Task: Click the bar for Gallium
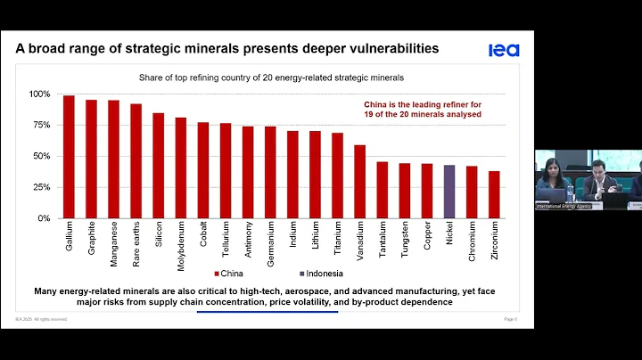(x=69, y=157)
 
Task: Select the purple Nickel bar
(x=449, y=192)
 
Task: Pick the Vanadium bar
(x=359, y=182)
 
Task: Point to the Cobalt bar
(x=202, y=170)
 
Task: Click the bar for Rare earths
(x=136, y=161)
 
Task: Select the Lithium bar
(x=315, y=175)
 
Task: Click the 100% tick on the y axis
(x=40, y=94)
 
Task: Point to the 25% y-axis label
(x=42, y=187)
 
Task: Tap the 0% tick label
(x=45, y=218)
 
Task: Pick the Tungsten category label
(x=405, y=240)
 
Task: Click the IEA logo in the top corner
(x=504, y=50)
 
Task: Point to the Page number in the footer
(x=510, y=319)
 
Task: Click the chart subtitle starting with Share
(x=265, y=78)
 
